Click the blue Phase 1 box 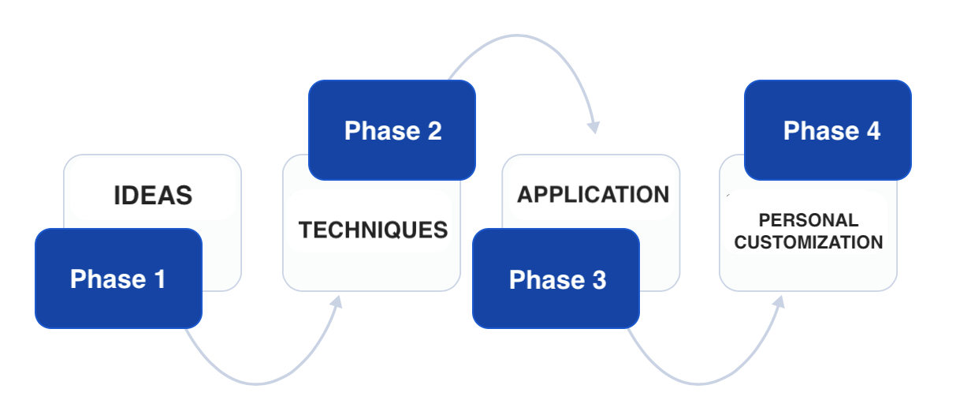(x=118, y=279)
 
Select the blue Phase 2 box (x=392, y=130)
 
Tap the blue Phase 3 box (x=556, y=279)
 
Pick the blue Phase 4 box (x=828, y=130)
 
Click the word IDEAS (x=153, y=196)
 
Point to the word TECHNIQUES (x=374, y=230)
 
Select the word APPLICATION (x=593, y=194)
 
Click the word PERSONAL (x=809, y=220)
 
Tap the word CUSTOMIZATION (x=809, y=242)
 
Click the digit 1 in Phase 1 (x=160, y=279)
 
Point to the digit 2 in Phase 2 (x=435, y=131)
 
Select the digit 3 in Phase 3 (x=599, y=279)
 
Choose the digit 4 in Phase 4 (x=873, y=131)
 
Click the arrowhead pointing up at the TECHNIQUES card (x=337, y=301)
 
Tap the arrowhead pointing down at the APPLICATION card (x=593, y=128)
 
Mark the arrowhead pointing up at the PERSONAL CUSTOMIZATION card (x=779, y=301)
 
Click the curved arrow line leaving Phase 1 (x=255, y=384)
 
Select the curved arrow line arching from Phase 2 (x=517, y=36)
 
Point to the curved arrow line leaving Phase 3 (x=698, y=384)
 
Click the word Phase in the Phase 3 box (x=547, y=279)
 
